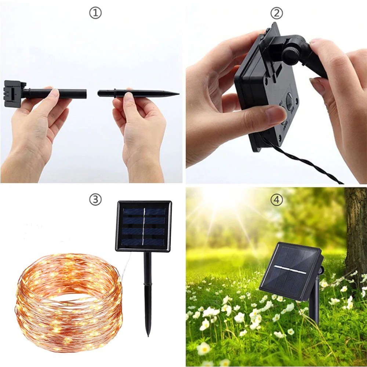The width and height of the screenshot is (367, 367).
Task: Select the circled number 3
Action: tap(95, 199)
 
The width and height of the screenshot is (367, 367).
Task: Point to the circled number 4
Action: tap(276, 199)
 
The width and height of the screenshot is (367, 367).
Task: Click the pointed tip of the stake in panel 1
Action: tap(179, 94)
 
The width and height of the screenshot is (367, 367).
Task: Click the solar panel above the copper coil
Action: tap(143, 226)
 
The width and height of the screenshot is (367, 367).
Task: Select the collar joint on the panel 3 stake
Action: tap(148, 284)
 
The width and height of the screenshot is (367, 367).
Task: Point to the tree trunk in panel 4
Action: tap(355, 234)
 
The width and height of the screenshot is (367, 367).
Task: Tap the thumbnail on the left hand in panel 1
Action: tap(55, 93)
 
